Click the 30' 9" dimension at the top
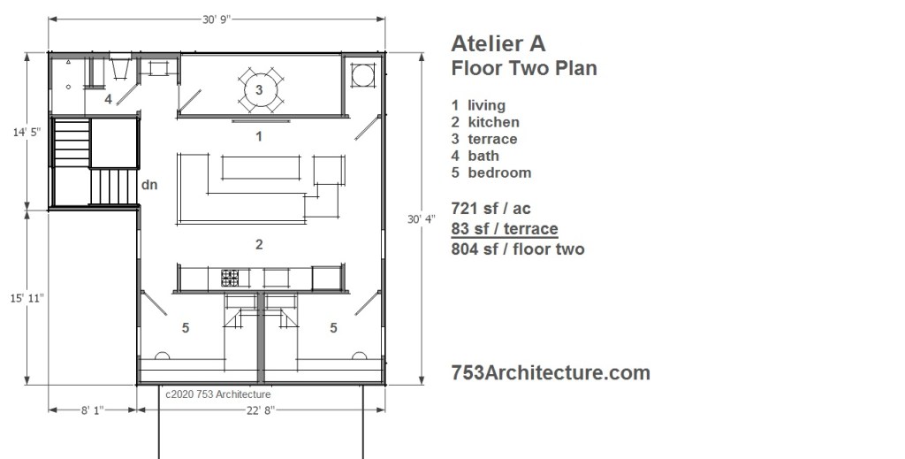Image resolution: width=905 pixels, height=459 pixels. pos(217,19)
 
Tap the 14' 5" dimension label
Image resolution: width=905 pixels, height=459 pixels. pos(27,132)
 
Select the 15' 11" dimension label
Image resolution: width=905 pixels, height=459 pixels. pos(27,299)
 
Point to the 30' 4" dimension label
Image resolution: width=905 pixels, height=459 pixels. pos(422,219)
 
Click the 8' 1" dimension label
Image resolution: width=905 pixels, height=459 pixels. pos(92,410)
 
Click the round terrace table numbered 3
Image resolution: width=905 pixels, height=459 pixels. pos(259,89)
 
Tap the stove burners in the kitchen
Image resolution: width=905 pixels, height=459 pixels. pos(230,278)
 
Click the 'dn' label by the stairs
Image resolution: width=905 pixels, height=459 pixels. pos(149,186)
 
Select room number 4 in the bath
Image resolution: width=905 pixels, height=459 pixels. pos(108,99)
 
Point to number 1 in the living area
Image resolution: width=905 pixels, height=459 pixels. pos(259,136)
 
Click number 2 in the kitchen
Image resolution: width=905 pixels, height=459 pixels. pos(259,244)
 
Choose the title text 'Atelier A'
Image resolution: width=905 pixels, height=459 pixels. pos(498,43)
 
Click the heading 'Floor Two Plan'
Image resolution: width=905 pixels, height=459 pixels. pos(524,68)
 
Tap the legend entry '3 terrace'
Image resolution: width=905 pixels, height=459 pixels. pos(484,139)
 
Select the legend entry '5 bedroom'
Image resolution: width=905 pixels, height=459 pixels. pos(491,172)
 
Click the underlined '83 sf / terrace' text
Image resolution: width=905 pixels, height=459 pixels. pos(505,229)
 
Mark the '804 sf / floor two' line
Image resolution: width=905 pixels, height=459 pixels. pos(518,249)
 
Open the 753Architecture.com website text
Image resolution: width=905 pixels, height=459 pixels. pos(551,372)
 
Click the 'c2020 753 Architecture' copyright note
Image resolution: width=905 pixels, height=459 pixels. pos(217,394)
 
